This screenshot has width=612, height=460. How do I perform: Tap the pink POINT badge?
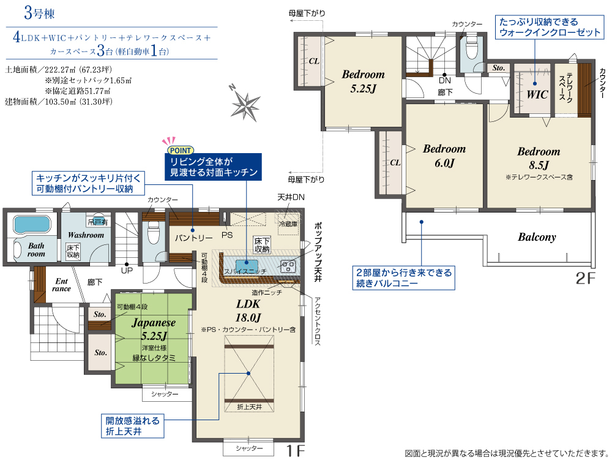(181, 150)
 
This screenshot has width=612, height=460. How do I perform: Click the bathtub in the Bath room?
(32, 224)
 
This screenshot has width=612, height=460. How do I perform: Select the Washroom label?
(86, 235)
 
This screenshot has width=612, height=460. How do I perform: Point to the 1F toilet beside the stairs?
(154, 233)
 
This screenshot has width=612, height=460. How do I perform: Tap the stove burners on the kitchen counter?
(288, 266)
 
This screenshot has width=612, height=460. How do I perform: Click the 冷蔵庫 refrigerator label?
(288, 224)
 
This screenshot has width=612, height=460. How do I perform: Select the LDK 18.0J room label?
(248, 311)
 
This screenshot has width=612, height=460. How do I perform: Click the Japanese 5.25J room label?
(154, 329)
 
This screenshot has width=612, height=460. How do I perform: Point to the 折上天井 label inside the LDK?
(250, 407)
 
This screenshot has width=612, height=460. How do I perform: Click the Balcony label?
(537, 237)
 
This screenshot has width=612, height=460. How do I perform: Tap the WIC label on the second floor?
(537, 94)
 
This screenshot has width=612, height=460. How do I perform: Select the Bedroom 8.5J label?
(539, 158)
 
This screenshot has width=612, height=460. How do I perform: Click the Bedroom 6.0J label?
(444, 156)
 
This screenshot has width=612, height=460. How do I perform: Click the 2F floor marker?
(586, 278)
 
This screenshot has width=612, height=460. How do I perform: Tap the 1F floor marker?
(296, 451)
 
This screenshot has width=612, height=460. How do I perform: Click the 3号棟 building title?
(39, 13)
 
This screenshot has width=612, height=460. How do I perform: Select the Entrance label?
(62, 285)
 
